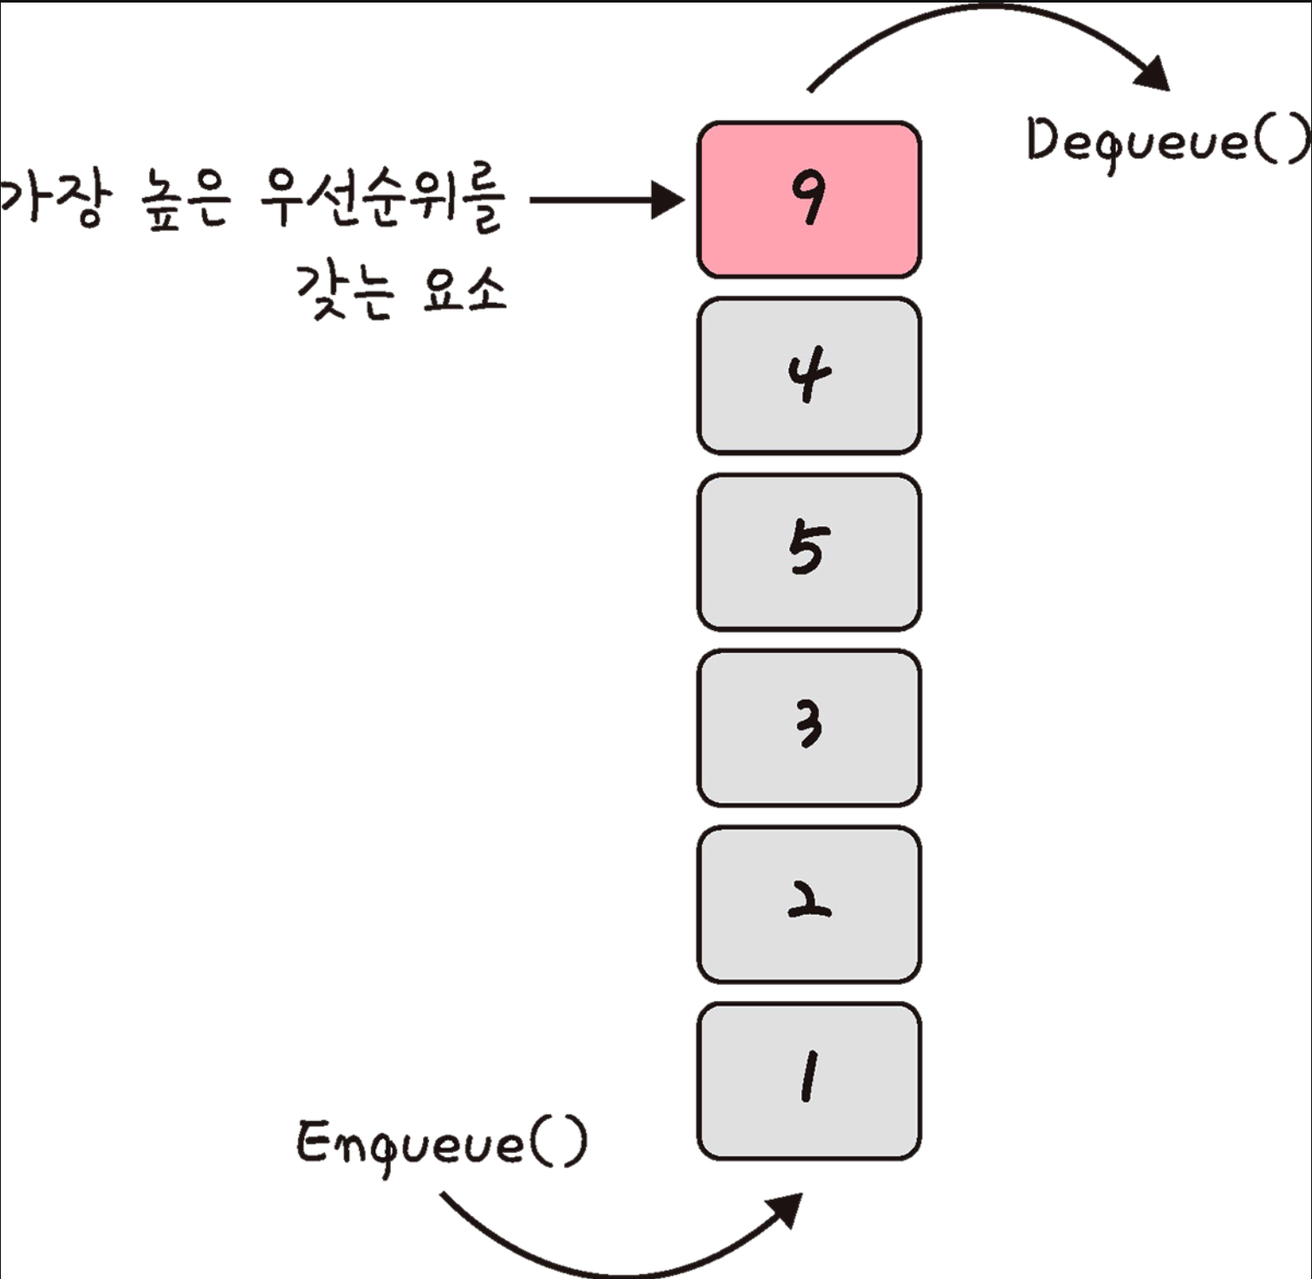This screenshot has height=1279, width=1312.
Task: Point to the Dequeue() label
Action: click(1167, 141)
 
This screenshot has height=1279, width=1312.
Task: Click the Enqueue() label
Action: click(441, 1143)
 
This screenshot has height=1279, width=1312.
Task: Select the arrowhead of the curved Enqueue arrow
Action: click(787, 1208)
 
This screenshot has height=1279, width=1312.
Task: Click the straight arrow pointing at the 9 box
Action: click(606, 200)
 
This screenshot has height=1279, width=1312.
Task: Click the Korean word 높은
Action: click(183, 201)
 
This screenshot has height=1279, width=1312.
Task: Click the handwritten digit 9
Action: click(808, 197)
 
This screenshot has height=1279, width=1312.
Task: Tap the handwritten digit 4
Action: click(808, 373)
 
